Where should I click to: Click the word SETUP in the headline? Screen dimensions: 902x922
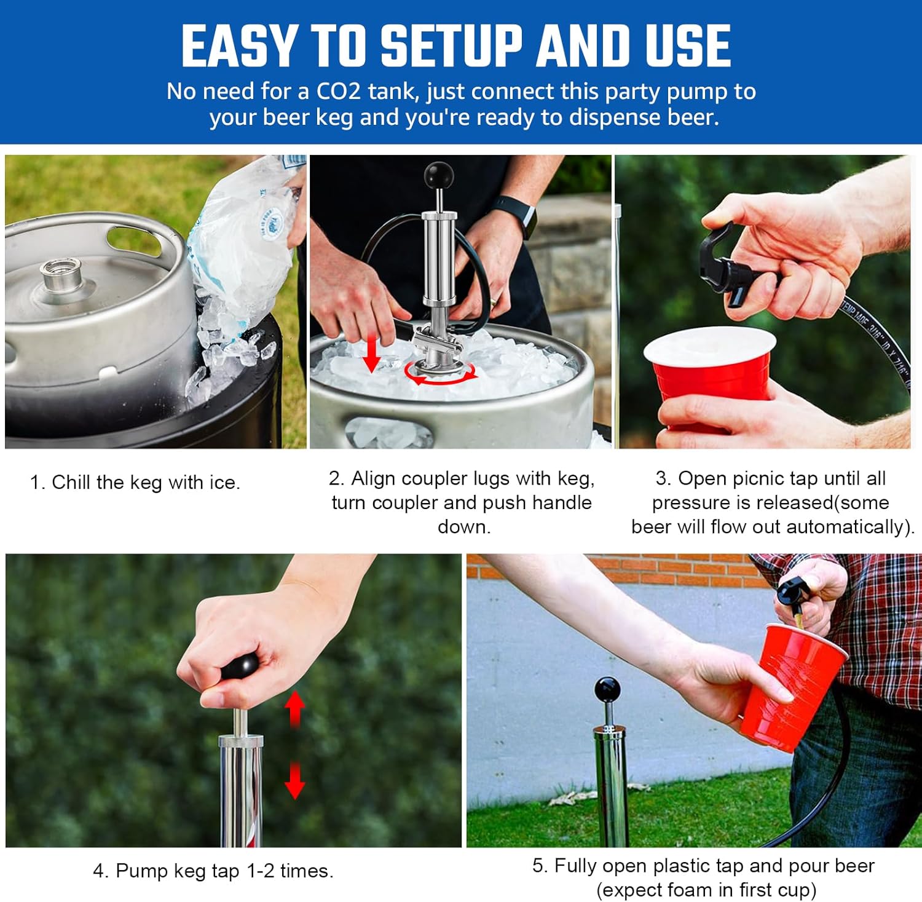click(451, 46)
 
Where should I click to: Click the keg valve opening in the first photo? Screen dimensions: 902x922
click(60, 271)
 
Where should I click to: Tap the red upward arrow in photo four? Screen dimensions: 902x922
click(295, 708)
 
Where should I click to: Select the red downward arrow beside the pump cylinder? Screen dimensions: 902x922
click(295, 781)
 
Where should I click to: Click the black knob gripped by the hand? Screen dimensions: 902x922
click(239, 667)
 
